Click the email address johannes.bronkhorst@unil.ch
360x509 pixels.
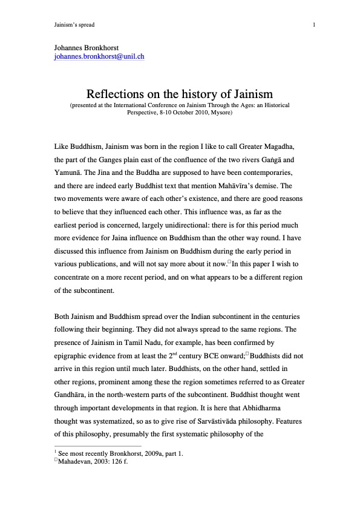point(99,57)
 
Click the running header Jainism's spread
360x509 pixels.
point(74,25)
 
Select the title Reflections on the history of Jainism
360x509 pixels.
point(180,94)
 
